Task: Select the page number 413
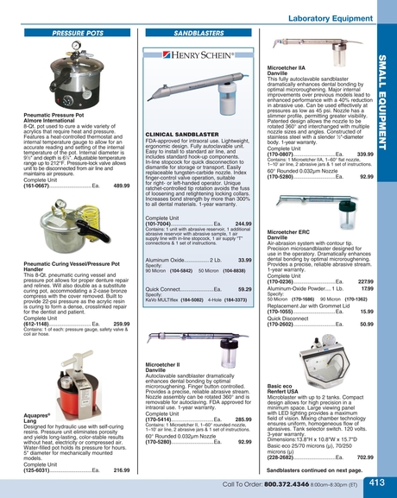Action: [x=376, y=483]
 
